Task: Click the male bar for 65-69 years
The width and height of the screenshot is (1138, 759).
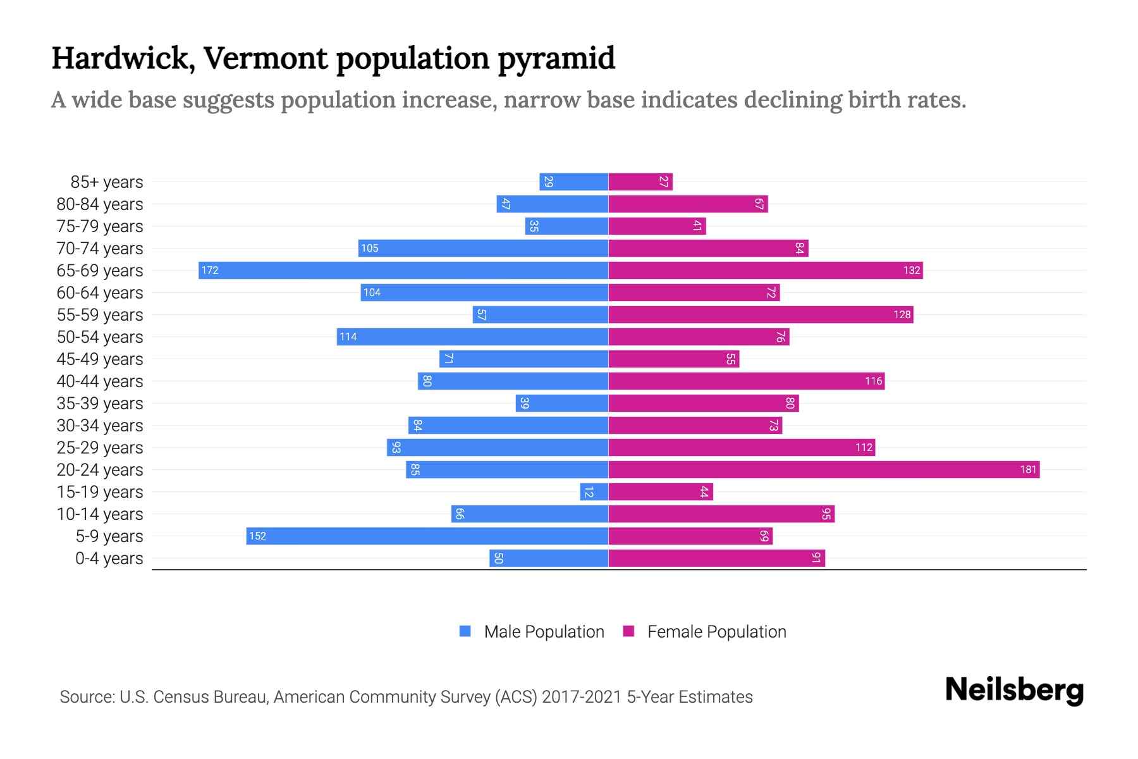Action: coord(403,271)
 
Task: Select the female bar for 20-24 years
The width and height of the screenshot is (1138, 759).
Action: coord(824,470)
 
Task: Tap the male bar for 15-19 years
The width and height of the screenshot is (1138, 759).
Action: coord(594,492)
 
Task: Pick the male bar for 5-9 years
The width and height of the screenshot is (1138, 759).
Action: coord(427,536)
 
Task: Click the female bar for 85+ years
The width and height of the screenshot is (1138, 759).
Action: coord(640,182)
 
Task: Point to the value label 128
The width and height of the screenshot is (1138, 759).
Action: coord(902,315)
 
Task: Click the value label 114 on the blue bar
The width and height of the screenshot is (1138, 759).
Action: coord(348,337)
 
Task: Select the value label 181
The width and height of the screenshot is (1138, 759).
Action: coord(1028,470)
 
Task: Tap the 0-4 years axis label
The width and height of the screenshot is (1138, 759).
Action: coord(109,558)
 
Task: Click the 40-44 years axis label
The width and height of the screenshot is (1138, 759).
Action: coord(100,381)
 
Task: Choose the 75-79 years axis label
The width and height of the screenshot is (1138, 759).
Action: coord(100,226)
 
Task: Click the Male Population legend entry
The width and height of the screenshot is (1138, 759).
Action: coord(544,632)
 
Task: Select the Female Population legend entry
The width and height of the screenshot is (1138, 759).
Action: coord(716,632)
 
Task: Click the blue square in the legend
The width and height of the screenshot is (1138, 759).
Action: coord(465,631)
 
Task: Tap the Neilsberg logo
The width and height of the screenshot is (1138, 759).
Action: coord(1014,690)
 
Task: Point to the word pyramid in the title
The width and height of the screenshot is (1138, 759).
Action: coord(556,58)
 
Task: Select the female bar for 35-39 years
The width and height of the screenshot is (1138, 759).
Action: coord(704,404)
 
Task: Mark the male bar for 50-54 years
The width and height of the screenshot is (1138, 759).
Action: coord(472,337)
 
